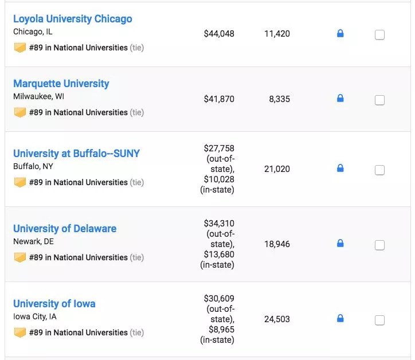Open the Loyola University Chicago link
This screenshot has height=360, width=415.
[73, 19]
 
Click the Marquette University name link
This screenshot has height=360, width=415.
[61, 84]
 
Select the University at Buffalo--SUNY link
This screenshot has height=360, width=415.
[76, 154]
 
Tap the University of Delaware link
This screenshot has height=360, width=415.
[65, 229]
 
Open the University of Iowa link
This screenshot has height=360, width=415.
[54, 304]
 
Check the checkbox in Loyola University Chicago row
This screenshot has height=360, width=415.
[379, 34]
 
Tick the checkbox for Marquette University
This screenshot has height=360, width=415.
[379, 100]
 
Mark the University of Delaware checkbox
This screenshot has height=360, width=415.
[379, 245]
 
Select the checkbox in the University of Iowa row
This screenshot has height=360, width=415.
[379, 320]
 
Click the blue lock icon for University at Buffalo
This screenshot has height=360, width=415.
[340, 168]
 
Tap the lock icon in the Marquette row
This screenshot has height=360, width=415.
[340, 98]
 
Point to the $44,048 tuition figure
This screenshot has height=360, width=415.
[219, 34]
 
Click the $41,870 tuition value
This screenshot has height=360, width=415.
[219, 99]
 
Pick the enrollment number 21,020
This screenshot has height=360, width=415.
[277, 169]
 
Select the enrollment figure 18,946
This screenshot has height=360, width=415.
[277, 244]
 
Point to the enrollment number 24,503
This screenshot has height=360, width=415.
[277, 319]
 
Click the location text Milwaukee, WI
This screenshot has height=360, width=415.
[38, 96]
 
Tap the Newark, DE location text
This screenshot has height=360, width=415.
[33, 241]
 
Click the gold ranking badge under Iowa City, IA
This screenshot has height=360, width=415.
[20, 332]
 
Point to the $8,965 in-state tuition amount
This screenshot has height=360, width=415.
[221, 330]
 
